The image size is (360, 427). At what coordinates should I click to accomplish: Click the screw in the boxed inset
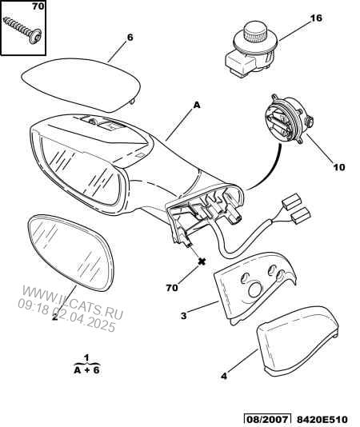coord(22,30)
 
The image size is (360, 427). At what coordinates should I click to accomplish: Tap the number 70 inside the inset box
coord(38,6)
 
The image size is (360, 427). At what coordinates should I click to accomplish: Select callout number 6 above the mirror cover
coord(130,38)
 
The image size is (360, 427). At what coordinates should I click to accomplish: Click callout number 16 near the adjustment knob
coord(316,18)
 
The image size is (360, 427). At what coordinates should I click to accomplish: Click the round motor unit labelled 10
coord(288,119)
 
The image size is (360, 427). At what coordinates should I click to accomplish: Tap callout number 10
coord(338,167)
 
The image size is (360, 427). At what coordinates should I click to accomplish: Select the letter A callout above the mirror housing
coord(197,105)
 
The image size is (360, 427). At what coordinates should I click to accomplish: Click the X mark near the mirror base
coord(202,261)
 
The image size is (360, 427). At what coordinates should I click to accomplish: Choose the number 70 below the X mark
coord(172,288)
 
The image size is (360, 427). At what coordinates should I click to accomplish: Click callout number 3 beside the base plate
coord(184,316)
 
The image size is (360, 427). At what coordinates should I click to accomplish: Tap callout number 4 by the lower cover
coord(224,376)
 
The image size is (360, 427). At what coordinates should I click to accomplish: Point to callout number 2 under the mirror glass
coord(55,317)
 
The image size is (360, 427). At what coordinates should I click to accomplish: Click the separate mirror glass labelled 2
coord(71,253)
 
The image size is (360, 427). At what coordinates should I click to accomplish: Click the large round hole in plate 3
coord(255,290)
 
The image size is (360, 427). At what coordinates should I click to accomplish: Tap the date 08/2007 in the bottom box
coord(266,419)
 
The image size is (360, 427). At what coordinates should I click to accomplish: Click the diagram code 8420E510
coord(322,419)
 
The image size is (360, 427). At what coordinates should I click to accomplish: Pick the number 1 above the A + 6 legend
coord(86,357)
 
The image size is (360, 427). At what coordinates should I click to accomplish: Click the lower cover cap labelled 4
coord(298,341)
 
